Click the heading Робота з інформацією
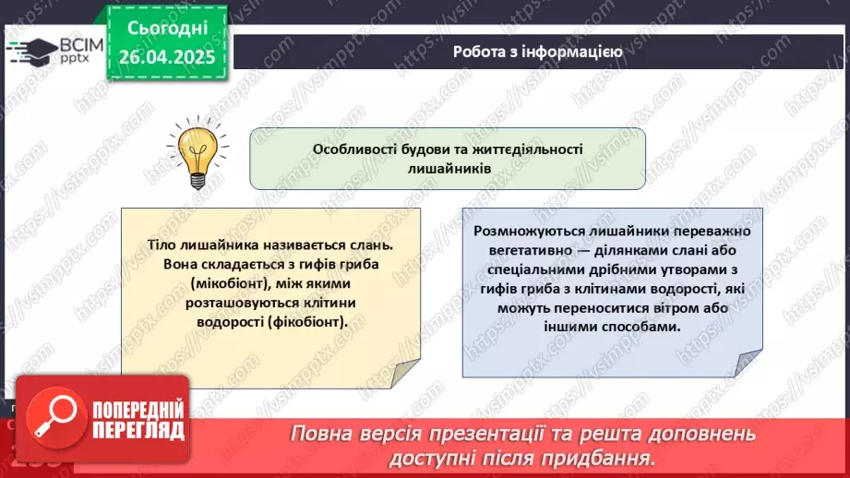point(536,52)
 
